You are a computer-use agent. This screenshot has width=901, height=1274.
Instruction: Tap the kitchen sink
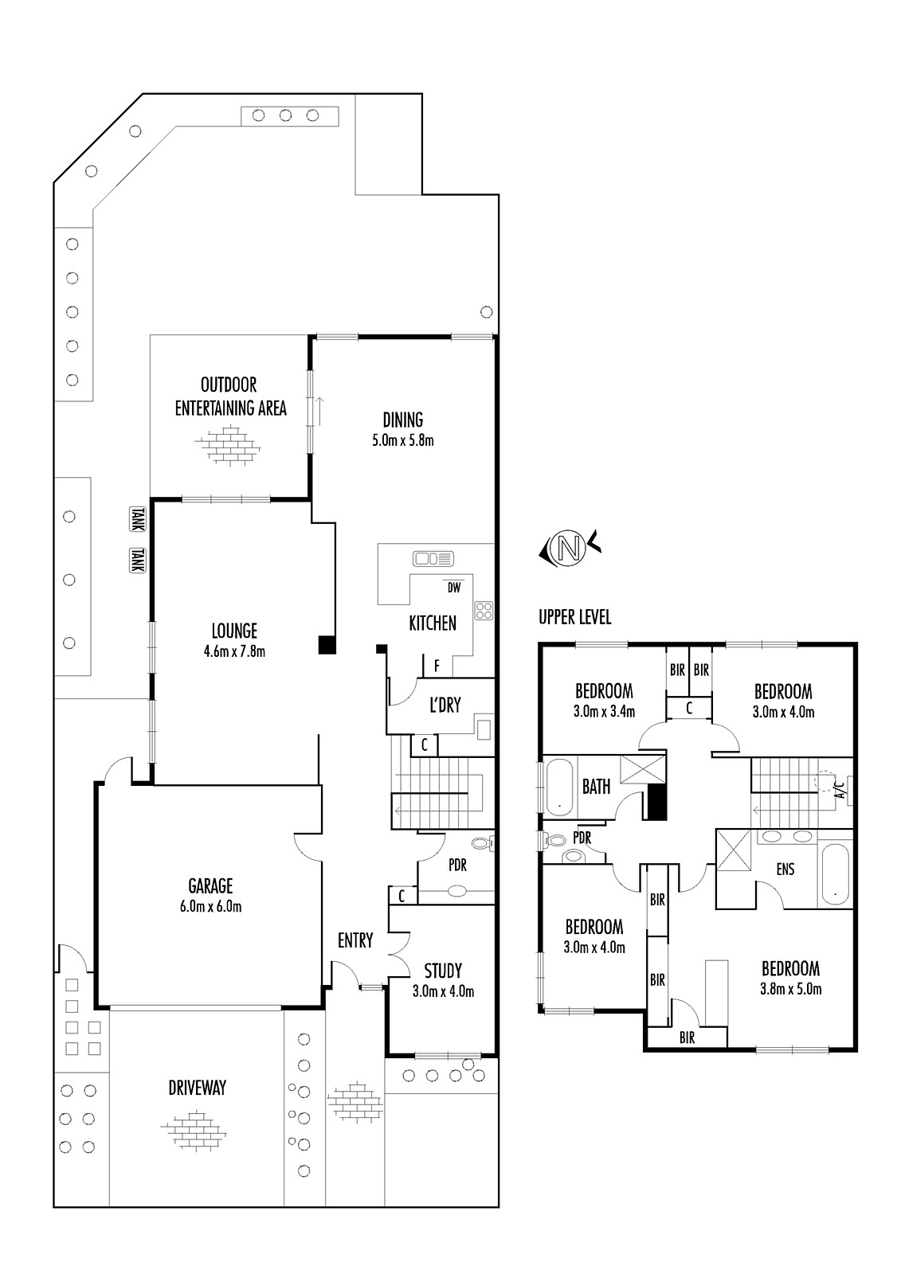tap(433, 558)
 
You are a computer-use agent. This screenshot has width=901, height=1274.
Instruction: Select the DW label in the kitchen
tap(453, 588)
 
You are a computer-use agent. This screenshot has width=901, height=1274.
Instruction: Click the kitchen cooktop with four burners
tap(484, 610)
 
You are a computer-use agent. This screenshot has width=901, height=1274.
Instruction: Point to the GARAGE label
tap(210, 885)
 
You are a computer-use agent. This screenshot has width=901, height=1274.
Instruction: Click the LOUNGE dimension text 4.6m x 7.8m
tap(234, 652)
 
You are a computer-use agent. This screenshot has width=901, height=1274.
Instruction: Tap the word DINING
tap(403, 420)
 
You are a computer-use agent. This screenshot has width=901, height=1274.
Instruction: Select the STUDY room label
tap(443, 971)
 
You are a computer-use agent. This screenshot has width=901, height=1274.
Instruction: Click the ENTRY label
tap(355, 940)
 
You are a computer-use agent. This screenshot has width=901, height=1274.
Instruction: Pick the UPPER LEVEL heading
tap(575, 617)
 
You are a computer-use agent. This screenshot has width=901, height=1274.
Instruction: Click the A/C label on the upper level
tap(841, 789)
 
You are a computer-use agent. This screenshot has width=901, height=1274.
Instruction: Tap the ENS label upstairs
tap(785, 869)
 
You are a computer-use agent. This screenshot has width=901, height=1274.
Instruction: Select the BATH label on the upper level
tap(596, 787)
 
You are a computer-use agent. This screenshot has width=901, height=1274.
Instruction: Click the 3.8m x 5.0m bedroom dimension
tap(790, 989)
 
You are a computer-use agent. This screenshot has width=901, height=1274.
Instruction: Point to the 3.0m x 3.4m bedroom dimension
tap(604, 712)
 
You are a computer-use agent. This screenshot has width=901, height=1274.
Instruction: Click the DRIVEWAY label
tap(197, 1088)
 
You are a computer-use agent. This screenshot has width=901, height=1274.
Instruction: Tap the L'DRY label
tap(445, 705)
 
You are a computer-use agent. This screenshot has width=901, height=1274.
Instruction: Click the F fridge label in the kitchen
tap(437, 666)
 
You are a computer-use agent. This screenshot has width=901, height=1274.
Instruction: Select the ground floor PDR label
tap(457, 865)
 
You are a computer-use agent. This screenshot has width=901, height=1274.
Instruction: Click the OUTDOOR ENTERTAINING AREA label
tap(230, 397)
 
